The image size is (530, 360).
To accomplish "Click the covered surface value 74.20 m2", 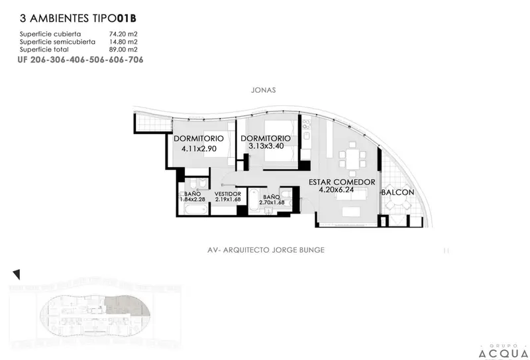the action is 123,34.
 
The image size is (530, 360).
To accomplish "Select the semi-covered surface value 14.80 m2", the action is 123,42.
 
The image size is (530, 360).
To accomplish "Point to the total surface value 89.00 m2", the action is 123,50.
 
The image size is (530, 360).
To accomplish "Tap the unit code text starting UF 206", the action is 80,60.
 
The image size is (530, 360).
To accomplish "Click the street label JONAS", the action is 263,90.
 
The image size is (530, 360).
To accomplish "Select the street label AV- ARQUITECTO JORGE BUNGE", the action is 266,250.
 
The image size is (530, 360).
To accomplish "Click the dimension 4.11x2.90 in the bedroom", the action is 199,149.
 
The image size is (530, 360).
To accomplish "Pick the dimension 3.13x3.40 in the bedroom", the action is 266,146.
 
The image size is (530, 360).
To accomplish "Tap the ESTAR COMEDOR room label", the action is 342,182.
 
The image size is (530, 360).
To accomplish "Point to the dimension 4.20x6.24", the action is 337,190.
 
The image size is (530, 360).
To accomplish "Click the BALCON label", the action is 398,192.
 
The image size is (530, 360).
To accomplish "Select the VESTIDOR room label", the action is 228,194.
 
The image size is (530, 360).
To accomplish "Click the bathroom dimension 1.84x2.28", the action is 192,200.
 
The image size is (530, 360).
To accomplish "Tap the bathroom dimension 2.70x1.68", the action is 272,203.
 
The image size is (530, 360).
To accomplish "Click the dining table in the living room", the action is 352,159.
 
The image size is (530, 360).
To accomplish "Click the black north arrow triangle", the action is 17,274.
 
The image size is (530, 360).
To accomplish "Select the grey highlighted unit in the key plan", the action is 128,306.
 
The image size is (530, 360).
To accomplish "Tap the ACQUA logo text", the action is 503,354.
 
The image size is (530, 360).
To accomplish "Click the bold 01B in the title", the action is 127,19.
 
